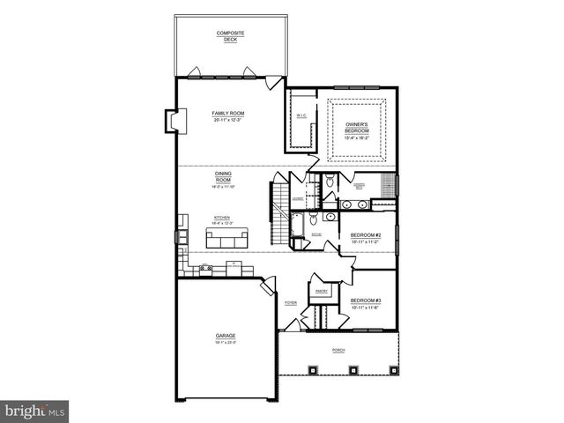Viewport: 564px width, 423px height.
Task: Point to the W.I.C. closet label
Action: [301, 115]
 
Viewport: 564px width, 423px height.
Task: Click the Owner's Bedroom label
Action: [357, 128]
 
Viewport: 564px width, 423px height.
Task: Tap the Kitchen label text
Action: [222, 219]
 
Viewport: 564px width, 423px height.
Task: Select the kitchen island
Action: [226, 237]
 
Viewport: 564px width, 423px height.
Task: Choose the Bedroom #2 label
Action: [364, 235]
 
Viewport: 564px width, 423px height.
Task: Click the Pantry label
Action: [321, 291]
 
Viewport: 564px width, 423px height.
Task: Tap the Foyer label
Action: [290, 303]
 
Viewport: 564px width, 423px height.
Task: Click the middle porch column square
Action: [338, 368]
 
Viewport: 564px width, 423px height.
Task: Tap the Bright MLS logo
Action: [34, 411]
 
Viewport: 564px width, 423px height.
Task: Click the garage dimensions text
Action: [226, 342]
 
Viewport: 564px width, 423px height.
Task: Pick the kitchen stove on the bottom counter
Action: [205, 268]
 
